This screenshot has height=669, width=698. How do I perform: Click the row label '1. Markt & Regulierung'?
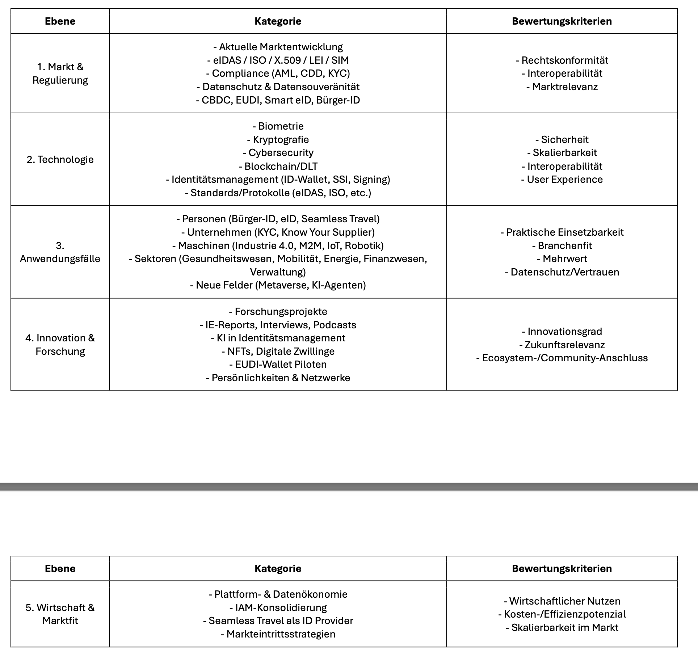click(60, 73)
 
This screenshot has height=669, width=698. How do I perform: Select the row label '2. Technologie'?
click(60, 159)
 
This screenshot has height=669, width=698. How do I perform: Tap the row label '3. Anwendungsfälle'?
click(60, 252)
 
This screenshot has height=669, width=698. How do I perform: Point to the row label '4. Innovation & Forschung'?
click(60, 345)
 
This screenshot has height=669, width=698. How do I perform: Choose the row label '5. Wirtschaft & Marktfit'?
click(60, 614)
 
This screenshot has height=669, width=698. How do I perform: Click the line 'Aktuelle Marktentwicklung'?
click(281, 47)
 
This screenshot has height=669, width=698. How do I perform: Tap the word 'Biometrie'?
click(281, 126)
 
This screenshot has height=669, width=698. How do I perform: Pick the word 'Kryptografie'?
click(281, 140)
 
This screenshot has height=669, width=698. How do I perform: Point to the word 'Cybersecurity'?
click(281, 153)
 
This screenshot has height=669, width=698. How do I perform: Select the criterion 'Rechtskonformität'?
click(564, 60)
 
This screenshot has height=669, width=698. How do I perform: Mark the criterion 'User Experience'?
click(564, 180)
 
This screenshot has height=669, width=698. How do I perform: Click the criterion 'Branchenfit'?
click(564, 246)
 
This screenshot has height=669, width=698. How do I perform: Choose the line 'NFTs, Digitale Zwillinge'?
click(281, 351)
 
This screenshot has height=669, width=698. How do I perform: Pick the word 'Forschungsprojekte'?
click(281, 312)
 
